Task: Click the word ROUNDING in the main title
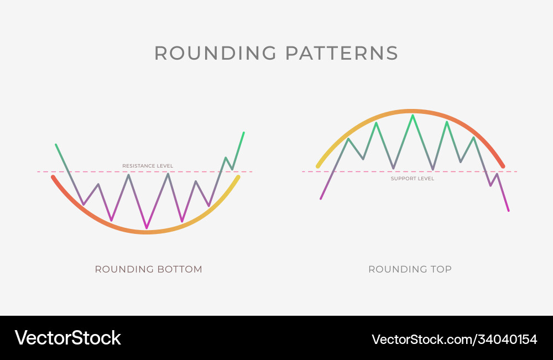pos(215,53)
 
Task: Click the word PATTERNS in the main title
pos(342,53)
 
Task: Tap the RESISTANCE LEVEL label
pos(148,166)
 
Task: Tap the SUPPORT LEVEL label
pos(413,179)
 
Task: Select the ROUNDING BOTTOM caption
pos(148,269)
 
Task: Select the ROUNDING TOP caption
pos(410,269)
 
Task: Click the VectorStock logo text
pos(68,337)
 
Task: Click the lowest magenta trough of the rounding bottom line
pos(146,227)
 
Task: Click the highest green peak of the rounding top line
pos(412,116)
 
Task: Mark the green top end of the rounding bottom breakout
pos(243,133)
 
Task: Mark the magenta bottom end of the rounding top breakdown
pos(508,210)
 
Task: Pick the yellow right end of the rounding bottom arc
pos(238,177)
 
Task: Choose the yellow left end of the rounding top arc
pos(318,165)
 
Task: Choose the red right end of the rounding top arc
pos(503,166)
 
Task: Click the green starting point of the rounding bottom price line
pos(56,145)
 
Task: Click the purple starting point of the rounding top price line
pos(321,198)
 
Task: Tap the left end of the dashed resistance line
pos(38,171)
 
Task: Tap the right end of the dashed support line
pos(517,171)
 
